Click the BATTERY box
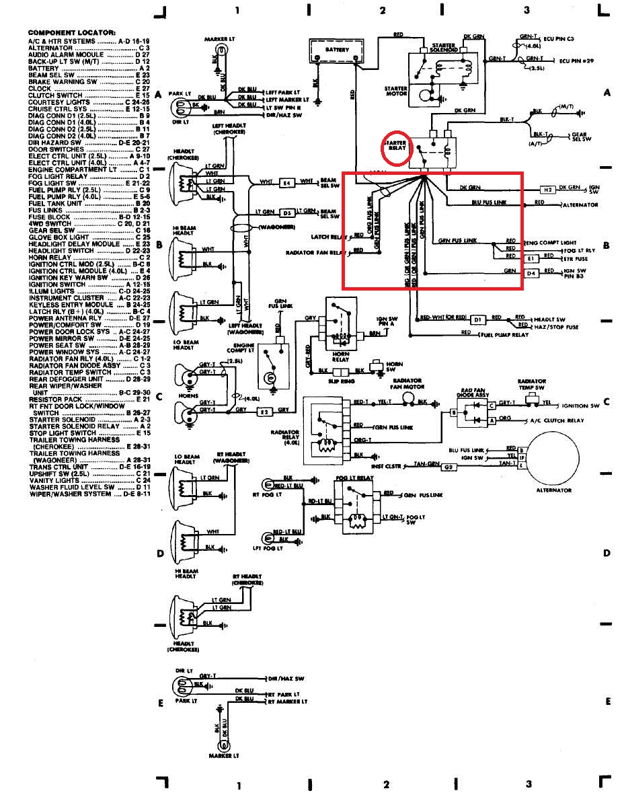336,50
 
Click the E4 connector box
286,182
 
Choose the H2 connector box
547,190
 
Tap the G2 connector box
449,466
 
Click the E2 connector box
265,410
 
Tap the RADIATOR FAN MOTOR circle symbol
407,397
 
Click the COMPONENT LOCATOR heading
71,32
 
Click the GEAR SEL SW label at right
580,137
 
